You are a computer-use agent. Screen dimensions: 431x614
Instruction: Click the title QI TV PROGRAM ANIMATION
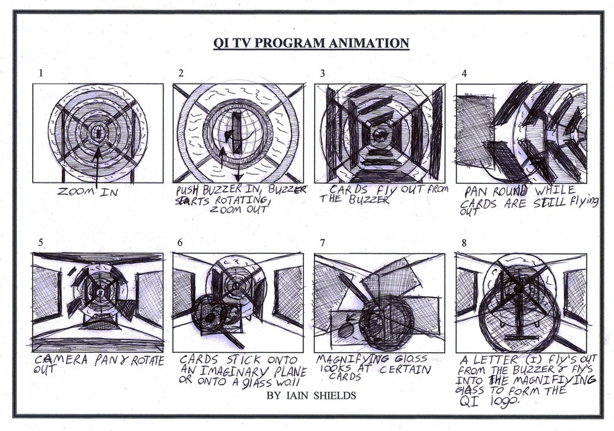pos(311,44)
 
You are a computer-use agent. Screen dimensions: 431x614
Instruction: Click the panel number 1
pos(42,73)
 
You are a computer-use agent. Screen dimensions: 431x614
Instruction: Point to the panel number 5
pos(42,242)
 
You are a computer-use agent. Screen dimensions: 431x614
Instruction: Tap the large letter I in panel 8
pos(518,317)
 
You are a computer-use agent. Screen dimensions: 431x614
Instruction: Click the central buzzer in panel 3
pos(380,134)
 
